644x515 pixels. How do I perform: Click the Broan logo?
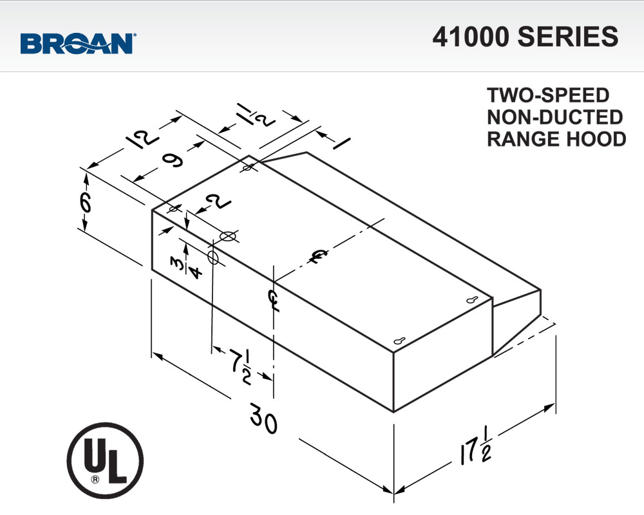77,44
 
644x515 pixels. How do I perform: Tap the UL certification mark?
105,460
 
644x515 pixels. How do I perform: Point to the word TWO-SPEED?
547,95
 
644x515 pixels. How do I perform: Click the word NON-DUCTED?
554,117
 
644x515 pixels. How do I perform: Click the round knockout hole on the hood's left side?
213,257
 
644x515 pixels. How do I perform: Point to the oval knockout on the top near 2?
227,236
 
